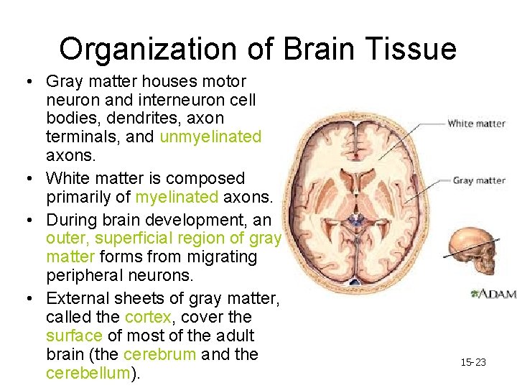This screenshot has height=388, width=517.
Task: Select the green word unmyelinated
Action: tap(210, 137)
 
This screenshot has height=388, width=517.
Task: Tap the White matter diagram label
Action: tap(477, 124)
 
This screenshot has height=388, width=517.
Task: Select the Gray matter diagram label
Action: tap(479, 180)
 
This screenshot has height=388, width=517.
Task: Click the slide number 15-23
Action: tap(473, 362)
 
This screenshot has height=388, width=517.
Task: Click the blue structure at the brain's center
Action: tap(355, 219)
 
